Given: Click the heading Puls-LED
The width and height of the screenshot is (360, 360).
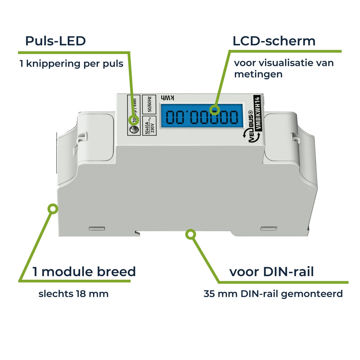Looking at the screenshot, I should click(x=55, y=41).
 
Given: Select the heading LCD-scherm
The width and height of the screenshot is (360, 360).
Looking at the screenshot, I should click(x=274, y=41).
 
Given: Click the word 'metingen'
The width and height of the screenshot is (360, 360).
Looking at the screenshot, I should click(x=258, y=75).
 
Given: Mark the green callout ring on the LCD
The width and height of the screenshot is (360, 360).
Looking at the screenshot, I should click(x=215, y=110).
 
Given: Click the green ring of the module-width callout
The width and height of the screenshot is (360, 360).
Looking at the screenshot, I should click(x=53, y=209).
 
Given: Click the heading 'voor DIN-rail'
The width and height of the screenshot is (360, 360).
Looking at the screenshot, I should click(x=272, y=271).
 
